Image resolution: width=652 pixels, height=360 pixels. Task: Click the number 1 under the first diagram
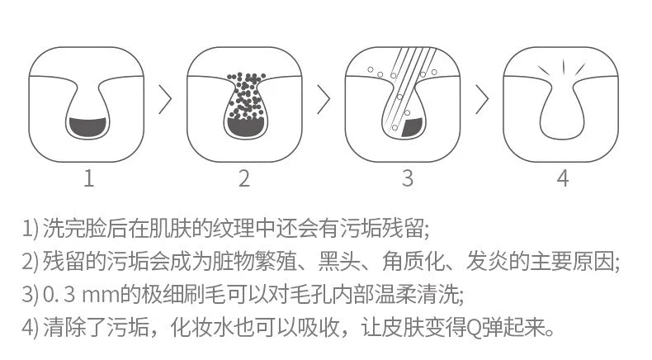[88, 178]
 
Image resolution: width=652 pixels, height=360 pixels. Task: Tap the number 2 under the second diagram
[244, 178]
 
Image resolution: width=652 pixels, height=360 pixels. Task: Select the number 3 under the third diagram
[408, 178]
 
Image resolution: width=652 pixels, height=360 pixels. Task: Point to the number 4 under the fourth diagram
[563, 178]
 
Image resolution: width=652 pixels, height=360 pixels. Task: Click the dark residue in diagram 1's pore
[87, 127]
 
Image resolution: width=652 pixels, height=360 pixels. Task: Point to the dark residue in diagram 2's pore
[245, 127]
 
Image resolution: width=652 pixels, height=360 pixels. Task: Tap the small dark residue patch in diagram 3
[412, 128]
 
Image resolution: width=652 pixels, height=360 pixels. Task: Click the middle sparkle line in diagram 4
[564, 67]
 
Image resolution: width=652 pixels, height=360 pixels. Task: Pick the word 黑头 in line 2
[339, 261]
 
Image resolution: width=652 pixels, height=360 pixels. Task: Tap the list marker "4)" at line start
[31, 328]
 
